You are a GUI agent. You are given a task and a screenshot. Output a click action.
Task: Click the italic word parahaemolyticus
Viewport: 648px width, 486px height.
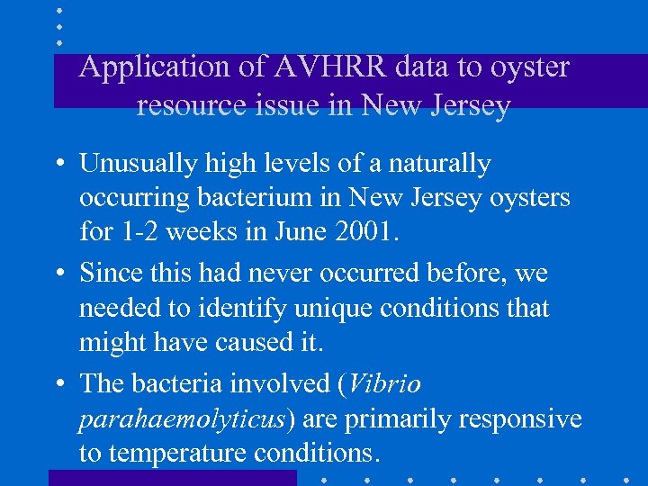click(183, 419)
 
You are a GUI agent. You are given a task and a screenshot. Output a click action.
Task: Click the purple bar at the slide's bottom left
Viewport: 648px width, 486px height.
click(171, 478)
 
